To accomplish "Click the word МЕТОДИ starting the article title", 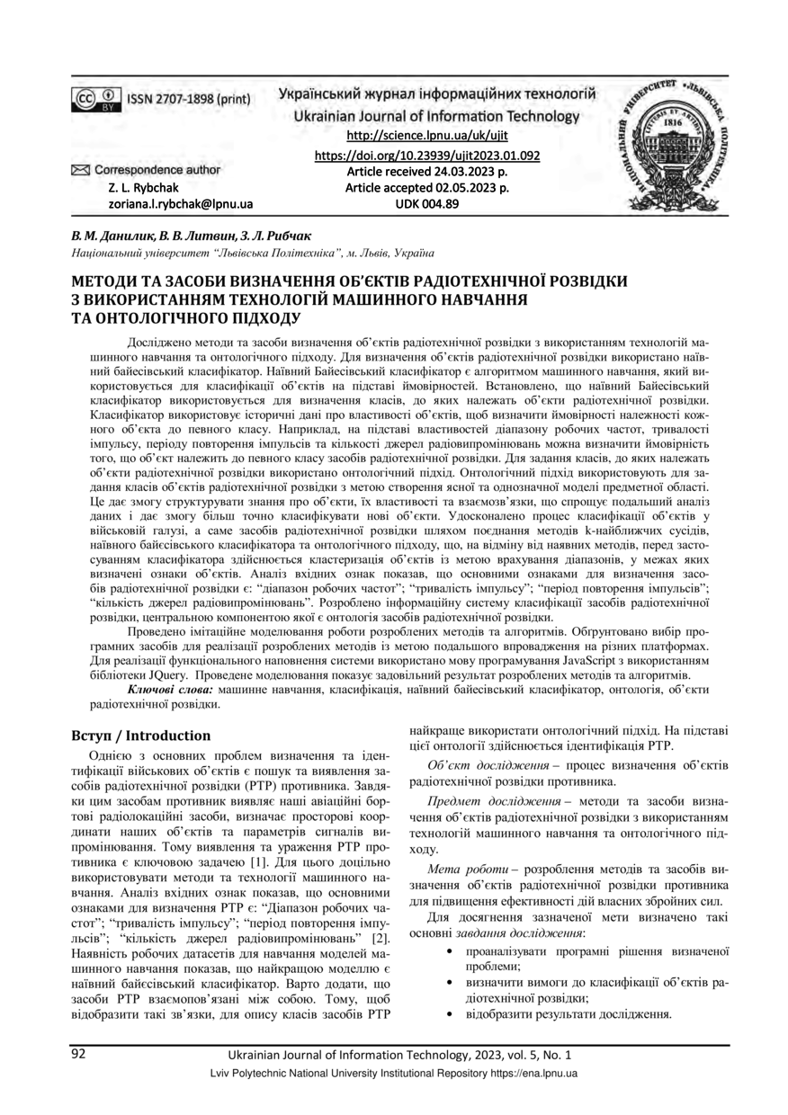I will click(x=107, y=281).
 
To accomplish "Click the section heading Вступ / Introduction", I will click(x=140, y=735).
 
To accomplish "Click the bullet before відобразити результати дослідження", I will click(x=450, y=1013).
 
